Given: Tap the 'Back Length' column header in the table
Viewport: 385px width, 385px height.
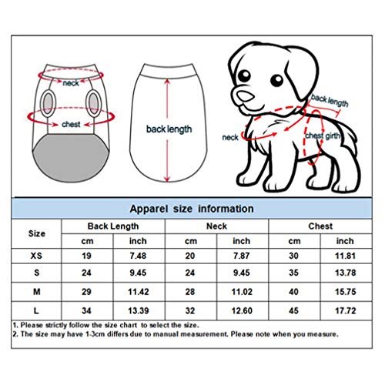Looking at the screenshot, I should [113, 226].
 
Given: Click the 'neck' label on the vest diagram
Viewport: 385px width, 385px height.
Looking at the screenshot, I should [72, 82].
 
